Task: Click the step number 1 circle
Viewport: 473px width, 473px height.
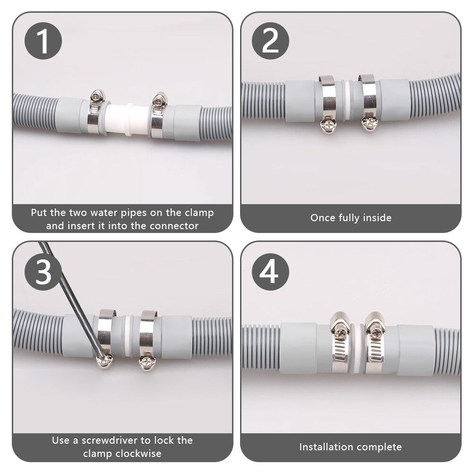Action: point(43,41)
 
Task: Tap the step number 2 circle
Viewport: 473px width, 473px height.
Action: point(270,41)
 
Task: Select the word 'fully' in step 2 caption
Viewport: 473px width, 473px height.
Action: point(346,218)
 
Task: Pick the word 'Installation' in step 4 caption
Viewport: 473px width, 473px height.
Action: point(327,447)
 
